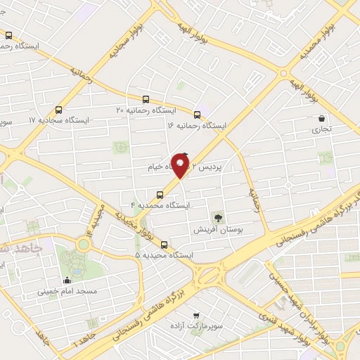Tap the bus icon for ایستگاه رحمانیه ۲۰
tap(146, 99)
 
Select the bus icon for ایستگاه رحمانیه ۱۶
tap(198, 114)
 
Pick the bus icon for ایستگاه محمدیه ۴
tap(160, 193)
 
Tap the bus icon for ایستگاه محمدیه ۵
tap(165, 245)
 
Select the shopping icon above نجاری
tap(322, 118)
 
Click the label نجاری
tap(322, 130)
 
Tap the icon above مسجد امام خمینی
tap(67, 280)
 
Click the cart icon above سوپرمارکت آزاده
tap(196, 316)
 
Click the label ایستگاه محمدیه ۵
tap(165, 255)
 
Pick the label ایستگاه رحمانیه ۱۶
tap(198, 125)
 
